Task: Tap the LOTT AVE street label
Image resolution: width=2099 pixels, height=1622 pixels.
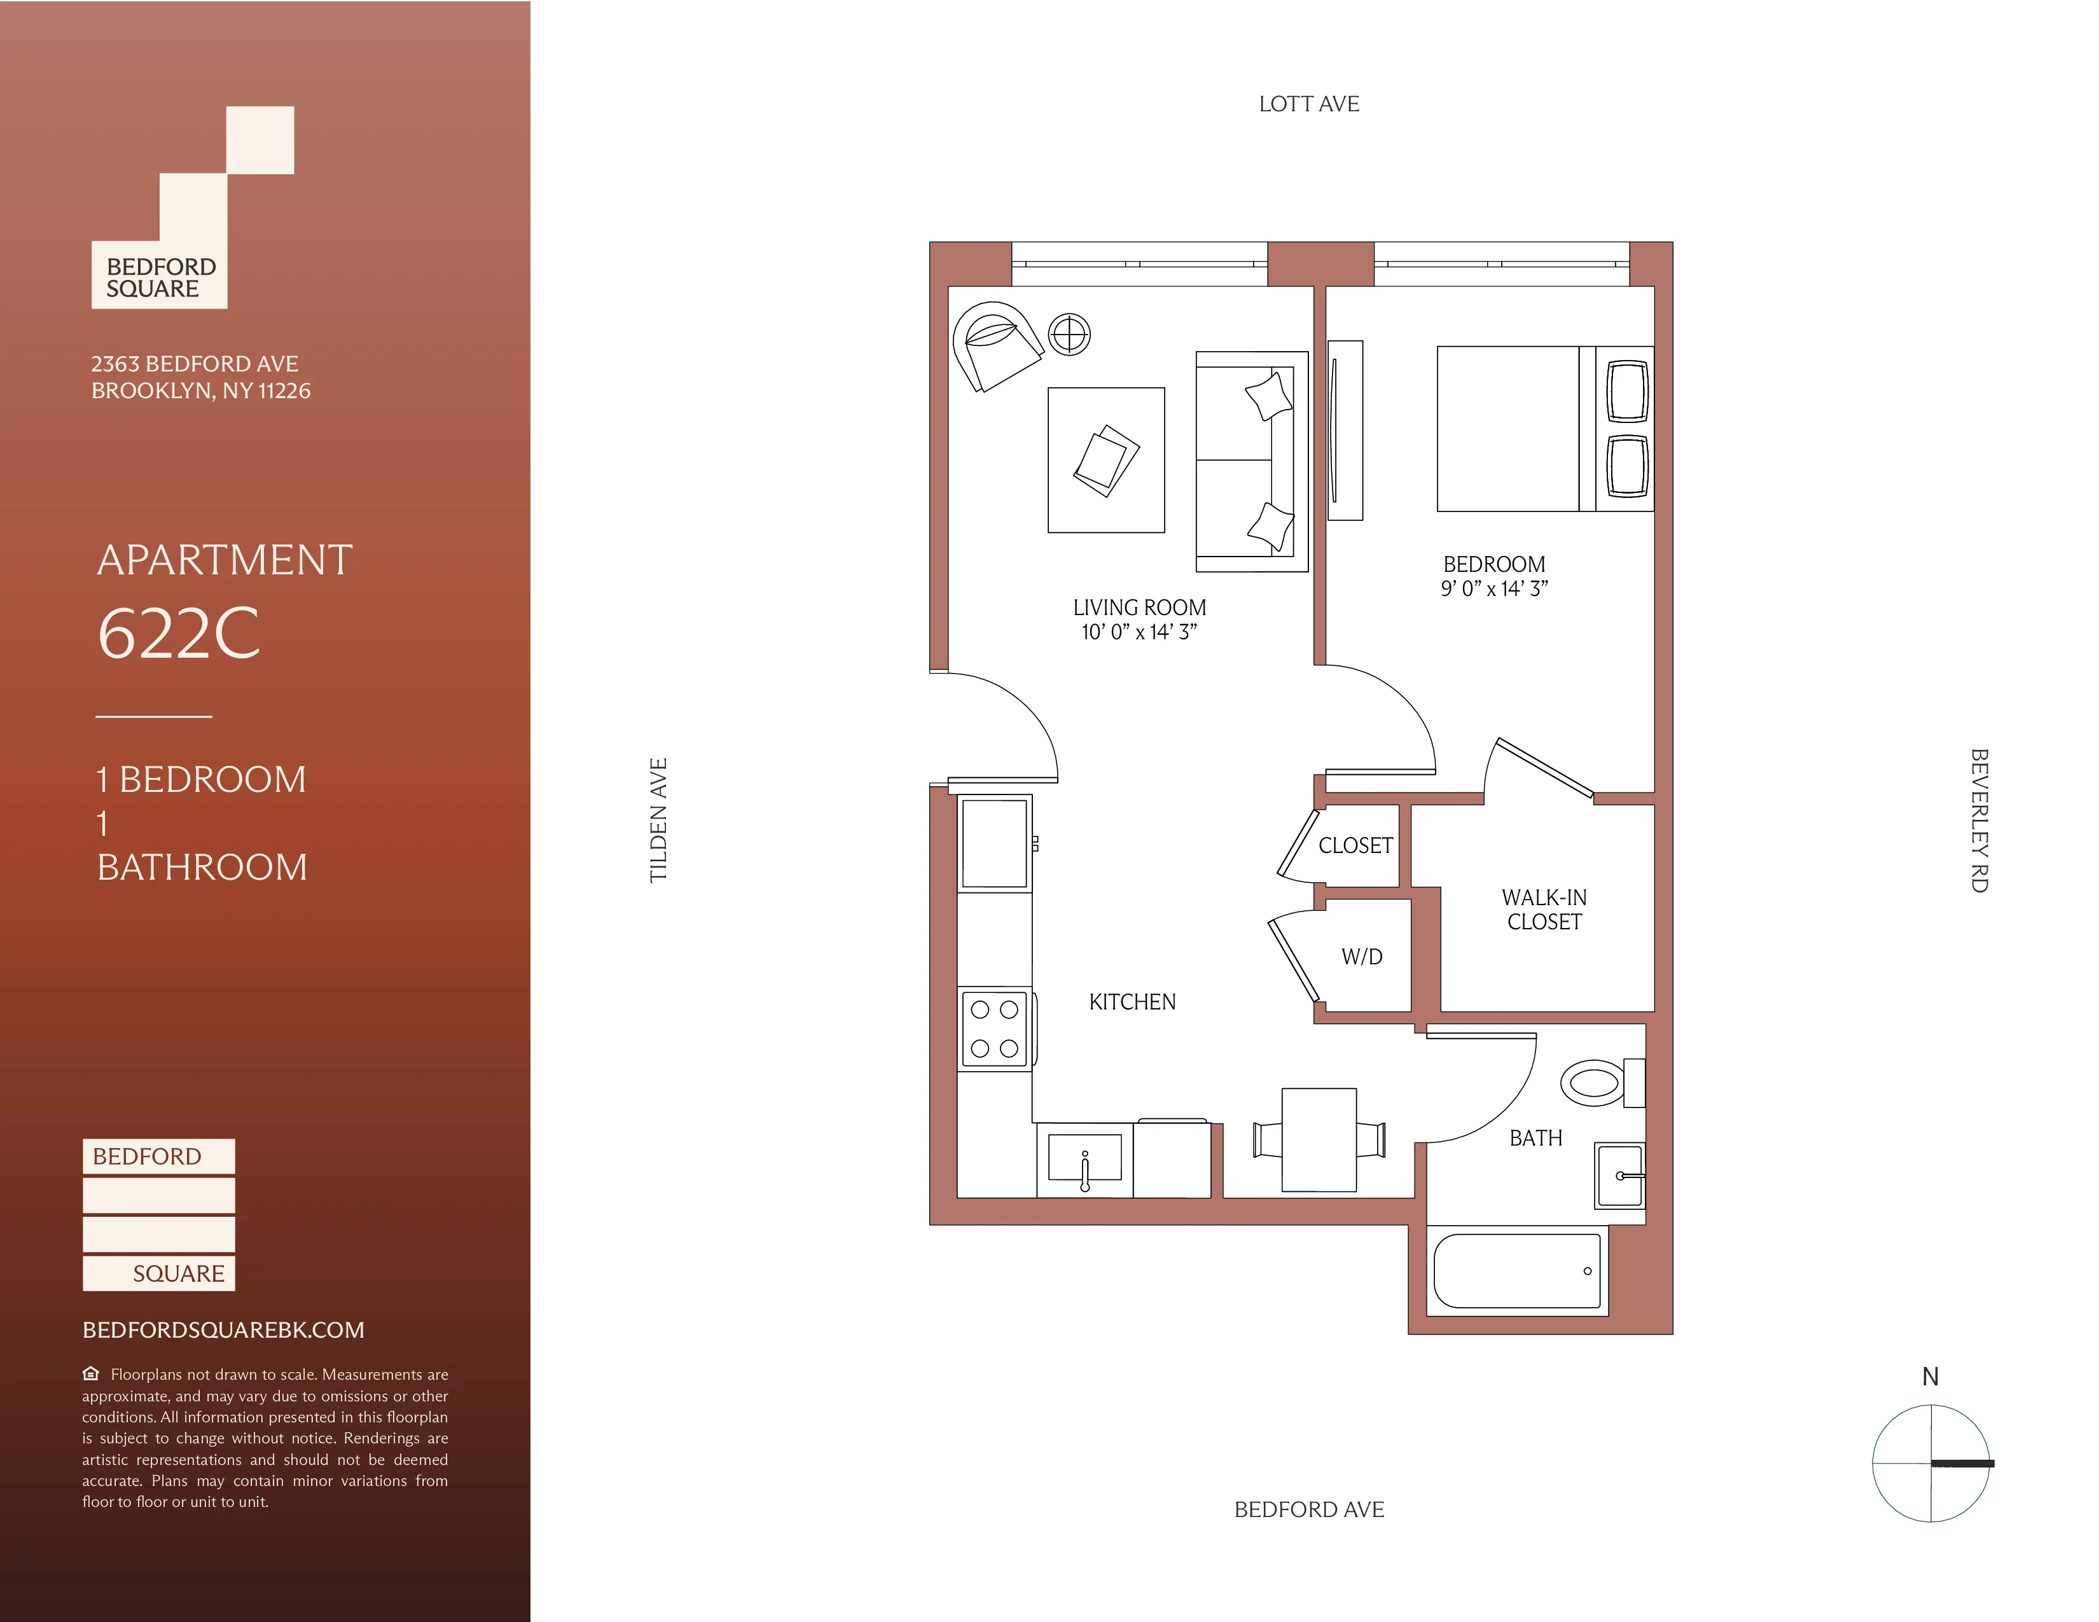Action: [x=1309, y=104]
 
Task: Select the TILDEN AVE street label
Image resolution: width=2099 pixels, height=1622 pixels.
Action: [x=658, y=820]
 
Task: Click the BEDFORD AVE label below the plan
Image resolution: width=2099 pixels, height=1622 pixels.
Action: [x=1309, y=1509]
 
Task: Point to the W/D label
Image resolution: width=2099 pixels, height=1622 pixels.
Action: [x=1362, y=957]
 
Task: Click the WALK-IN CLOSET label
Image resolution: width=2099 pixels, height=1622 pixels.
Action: [x=1544, y=909]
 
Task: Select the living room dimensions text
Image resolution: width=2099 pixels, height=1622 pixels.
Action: [x=1139, y=632]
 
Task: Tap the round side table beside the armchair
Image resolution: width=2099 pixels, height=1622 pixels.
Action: [x=1069, y=335]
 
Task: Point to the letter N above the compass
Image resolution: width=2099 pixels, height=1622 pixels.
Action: [x=1930, y=1377]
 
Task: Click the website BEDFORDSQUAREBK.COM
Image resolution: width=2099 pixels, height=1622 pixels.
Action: [x=223, y=1330]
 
